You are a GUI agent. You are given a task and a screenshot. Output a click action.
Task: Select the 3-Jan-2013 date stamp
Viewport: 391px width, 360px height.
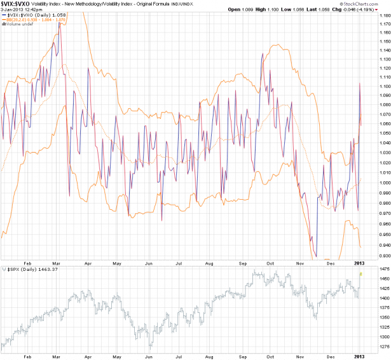pos(14,10)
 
